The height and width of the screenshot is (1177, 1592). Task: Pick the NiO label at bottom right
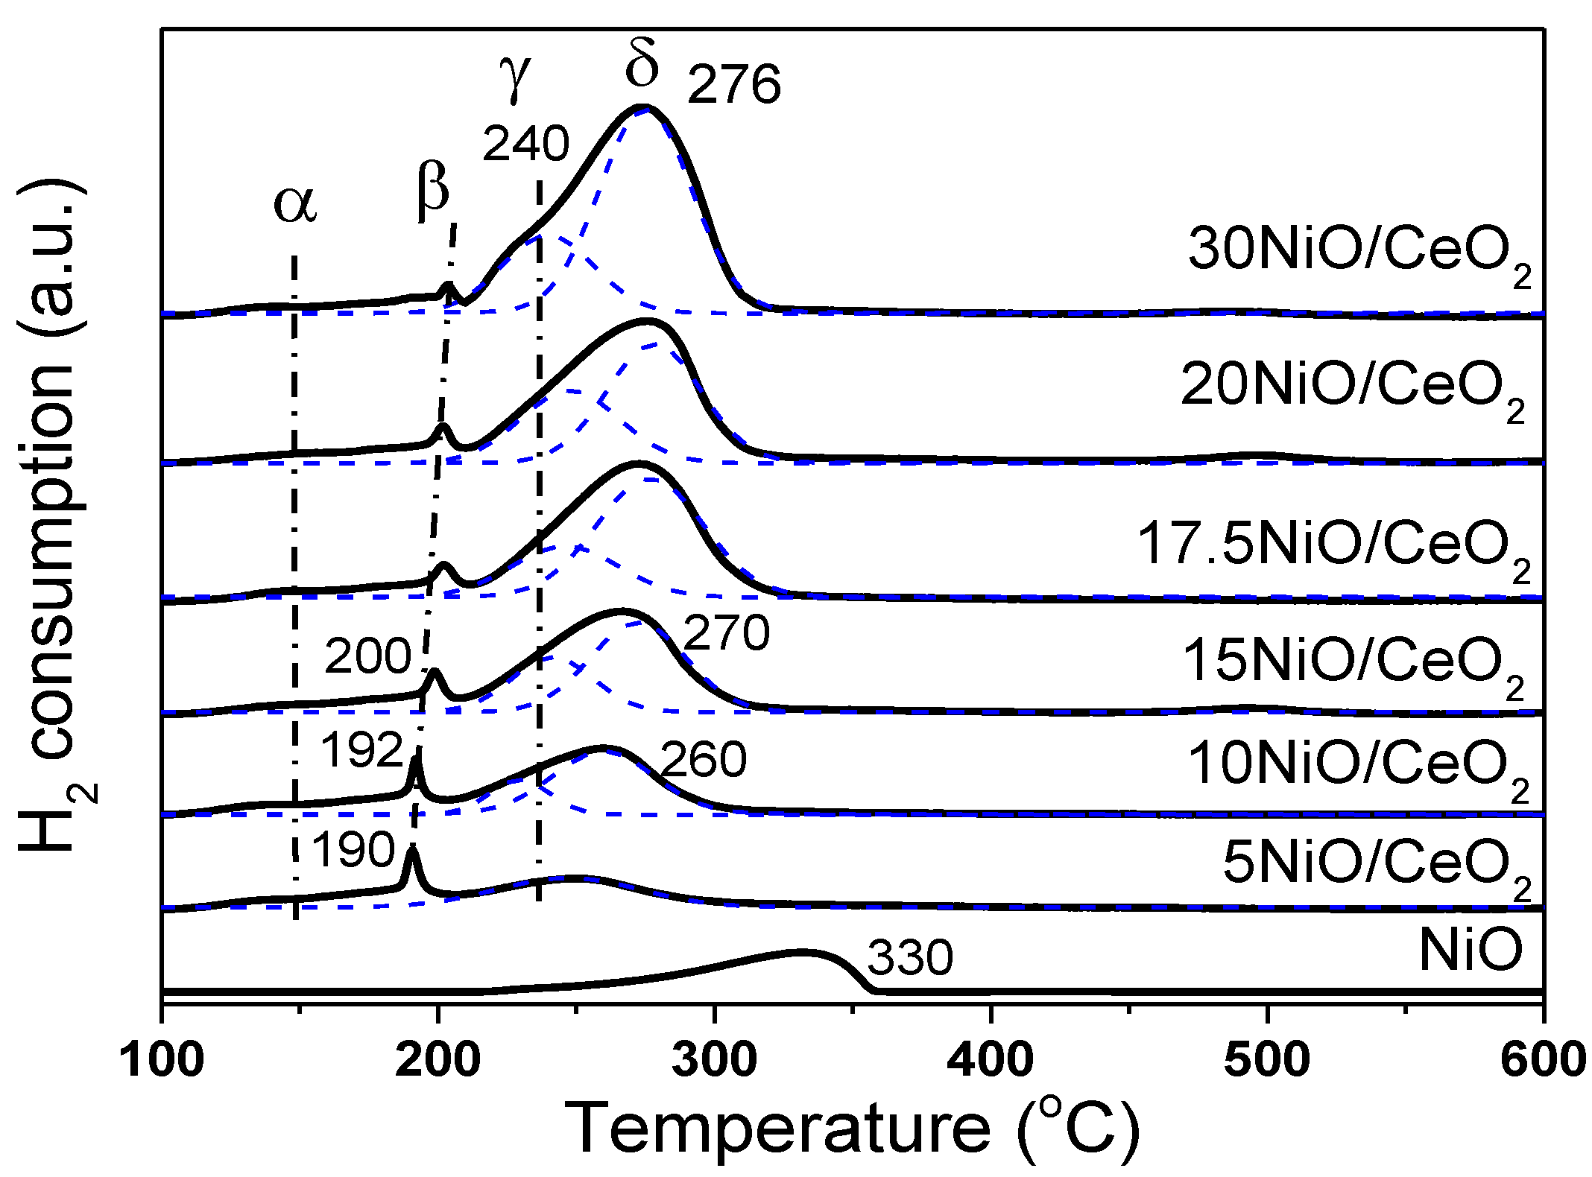click(x=1470, y=950)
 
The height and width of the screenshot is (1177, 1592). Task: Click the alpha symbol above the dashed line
click(x=295, y=204)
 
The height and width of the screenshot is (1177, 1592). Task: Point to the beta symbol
click(x=433, y=190)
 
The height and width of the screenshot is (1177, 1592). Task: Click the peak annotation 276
click(x=734, y=84)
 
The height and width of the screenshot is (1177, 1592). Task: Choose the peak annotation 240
click(x=526, y=143)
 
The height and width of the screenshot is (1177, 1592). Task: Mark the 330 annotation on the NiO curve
click(x=910, y=957)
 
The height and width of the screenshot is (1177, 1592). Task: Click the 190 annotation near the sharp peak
click(x=353, y=849)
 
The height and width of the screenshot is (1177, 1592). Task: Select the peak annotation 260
click(x=703, y=760)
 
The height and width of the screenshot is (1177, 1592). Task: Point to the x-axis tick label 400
click(x=991, y=1059)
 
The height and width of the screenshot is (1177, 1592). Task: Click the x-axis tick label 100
click(x=162, y=1059)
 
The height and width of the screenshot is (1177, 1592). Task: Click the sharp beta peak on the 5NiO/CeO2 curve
click(x=411, y=849)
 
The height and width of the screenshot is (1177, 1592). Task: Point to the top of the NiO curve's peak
click(x=801, y=952)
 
